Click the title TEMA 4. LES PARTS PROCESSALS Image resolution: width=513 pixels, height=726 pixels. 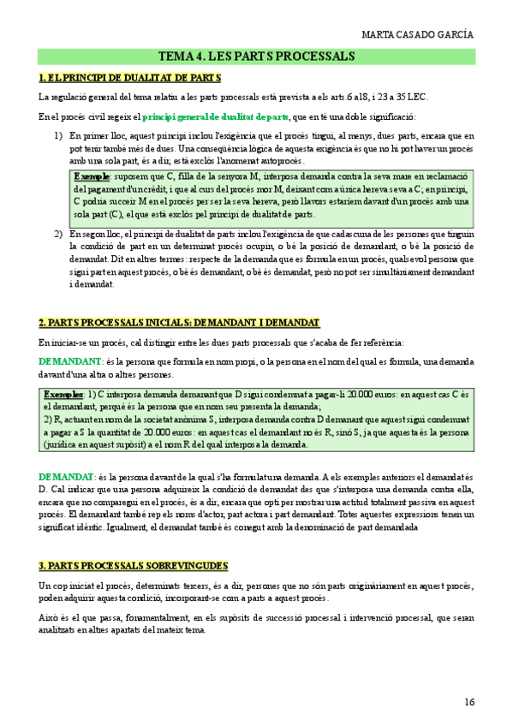[256, 57]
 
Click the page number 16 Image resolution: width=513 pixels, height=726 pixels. [468, 702]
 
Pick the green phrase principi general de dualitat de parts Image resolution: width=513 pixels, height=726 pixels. [215, 116]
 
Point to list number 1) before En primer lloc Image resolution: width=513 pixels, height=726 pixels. [58, 136]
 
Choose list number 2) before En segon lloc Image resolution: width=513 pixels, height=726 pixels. [58, 233]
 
